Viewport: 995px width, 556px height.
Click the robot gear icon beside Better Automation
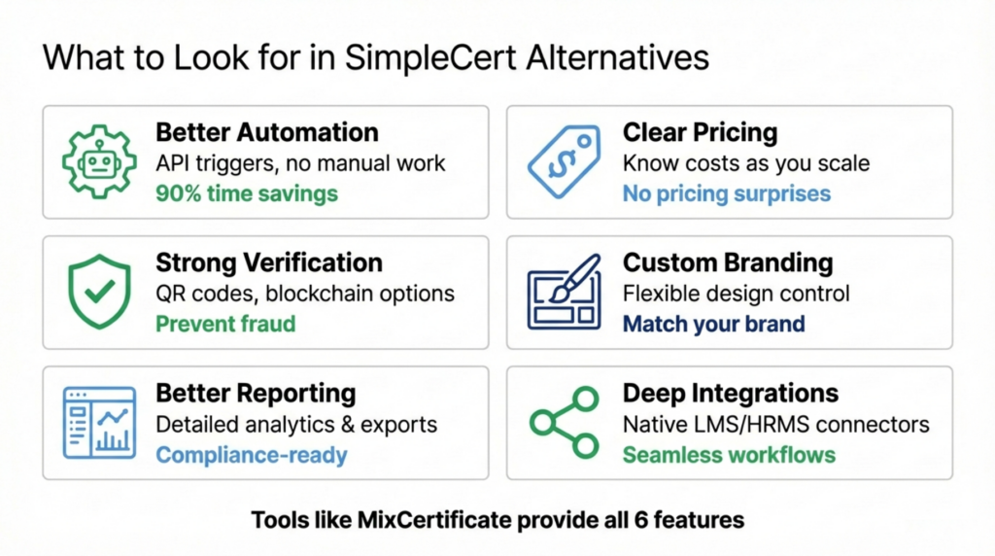click(99, 162)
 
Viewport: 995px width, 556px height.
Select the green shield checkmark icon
click(99, 293)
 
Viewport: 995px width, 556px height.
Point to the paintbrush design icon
click(563, 293)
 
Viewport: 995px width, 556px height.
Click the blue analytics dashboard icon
click(99, 423)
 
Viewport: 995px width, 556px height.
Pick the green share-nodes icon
click(564, 423)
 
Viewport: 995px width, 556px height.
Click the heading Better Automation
click(267, 132)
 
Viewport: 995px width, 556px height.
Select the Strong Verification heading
click(269, 262)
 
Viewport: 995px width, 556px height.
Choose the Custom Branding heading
click(728, 262)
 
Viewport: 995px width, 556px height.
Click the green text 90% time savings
click(247, 192)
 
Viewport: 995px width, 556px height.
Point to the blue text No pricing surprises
click(727, 192)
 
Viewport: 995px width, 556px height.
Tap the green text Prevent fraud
click(225, 323)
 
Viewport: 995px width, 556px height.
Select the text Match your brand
click(714, 323)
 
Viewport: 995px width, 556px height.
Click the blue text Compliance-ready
click(252, 454)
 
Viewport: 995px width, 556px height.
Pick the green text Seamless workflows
click(729, 454)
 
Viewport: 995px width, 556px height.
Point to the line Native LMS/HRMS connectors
click(776, 424)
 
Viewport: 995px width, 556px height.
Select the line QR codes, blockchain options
click(305, 293)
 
